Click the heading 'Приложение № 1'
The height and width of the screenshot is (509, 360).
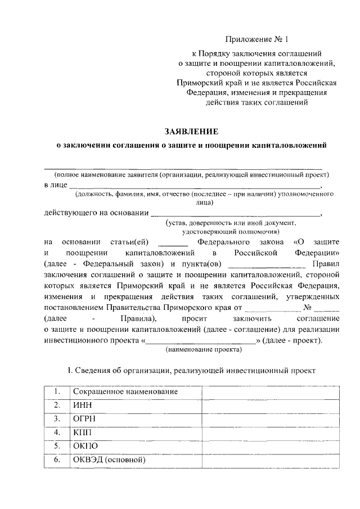256,40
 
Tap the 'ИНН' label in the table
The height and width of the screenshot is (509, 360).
79,405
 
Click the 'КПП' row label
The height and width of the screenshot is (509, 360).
81,433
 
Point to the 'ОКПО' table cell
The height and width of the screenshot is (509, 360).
83,447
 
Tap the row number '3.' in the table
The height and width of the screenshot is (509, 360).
57,419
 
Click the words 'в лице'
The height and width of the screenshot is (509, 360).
56,184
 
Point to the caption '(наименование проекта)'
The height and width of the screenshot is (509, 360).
203,350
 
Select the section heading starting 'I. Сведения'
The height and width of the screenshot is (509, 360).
192,371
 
